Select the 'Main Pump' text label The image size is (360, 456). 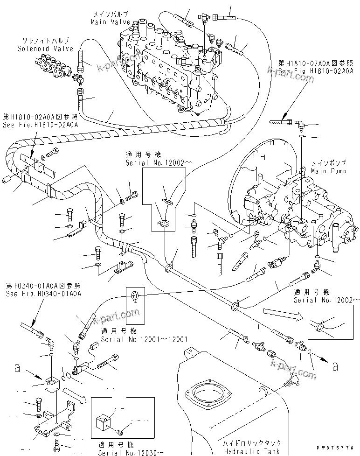(329, 171)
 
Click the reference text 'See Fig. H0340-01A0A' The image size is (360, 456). (44, 294)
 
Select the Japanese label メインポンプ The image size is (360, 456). (329, 164)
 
